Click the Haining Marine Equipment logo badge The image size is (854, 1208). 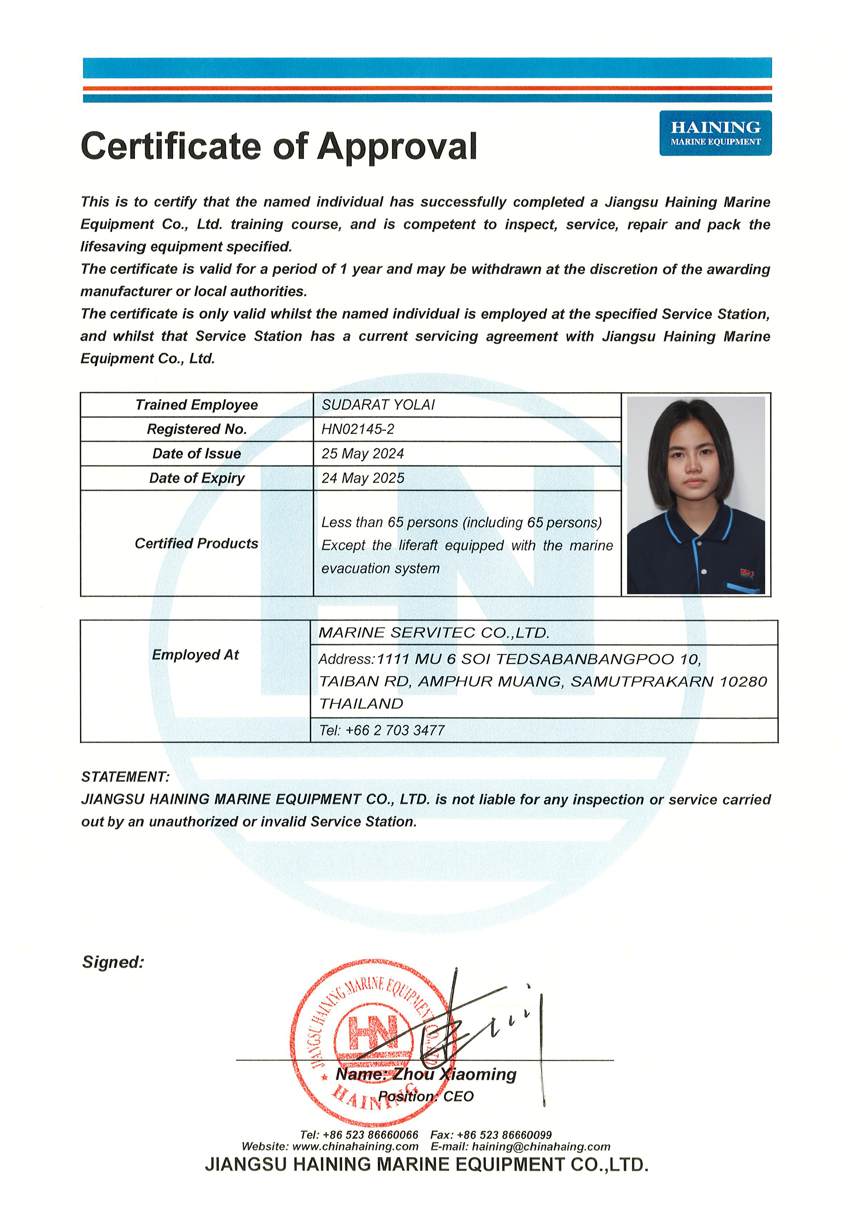tap(715, 133)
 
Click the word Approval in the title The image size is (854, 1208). tap(397, 146)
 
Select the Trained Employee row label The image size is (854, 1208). tap(196, 405)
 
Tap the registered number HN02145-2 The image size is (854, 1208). tap(358, 429)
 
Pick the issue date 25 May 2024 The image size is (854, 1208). tap(363, 453)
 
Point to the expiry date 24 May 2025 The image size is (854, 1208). tap(363, 478)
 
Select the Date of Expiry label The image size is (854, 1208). tap(197, 478)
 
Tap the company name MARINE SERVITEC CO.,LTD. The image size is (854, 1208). tap(434, 632)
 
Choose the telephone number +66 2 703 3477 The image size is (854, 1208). tap(395, 730)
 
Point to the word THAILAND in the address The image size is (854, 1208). tap(362, 703)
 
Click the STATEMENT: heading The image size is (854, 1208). tap(125, 777)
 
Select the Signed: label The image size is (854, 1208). tap(113, 962)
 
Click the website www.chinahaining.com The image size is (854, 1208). tap(355, 1146)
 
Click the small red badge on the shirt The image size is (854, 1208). tap(747, 573)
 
